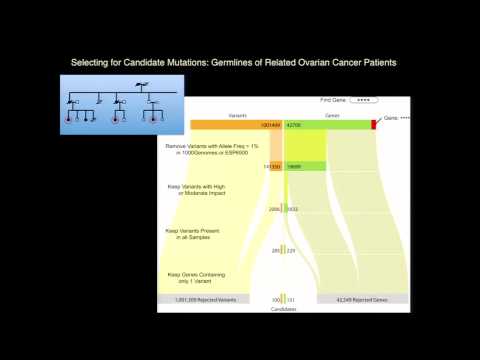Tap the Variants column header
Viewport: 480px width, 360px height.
[237, 116]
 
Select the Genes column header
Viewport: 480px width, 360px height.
[331, 116]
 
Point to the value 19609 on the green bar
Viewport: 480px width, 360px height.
[295, 166]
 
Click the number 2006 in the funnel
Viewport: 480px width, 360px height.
[273, 209]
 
